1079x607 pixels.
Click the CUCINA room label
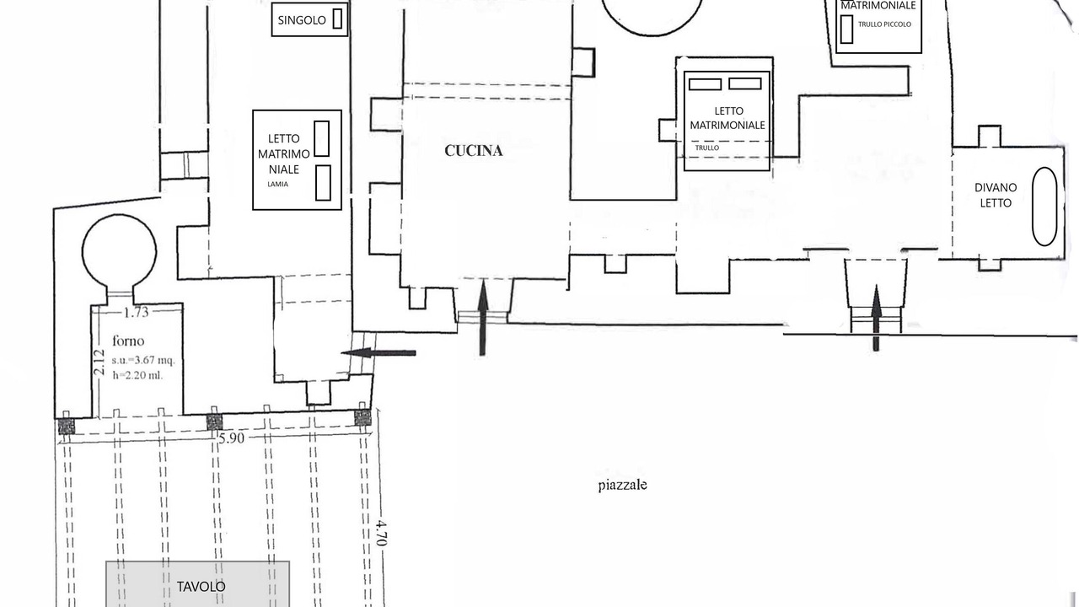474,151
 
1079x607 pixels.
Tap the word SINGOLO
302,20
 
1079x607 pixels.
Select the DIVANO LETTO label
996,195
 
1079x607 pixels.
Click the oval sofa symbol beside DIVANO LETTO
1044,207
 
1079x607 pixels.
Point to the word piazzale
622,485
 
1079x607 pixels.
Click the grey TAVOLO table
198,584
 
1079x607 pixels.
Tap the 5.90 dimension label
231,438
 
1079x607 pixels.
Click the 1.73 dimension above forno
137,313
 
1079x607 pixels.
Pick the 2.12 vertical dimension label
99,363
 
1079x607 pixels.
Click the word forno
128,341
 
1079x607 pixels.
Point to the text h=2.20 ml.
137,375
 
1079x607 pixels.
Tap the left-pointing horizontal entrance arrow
378,353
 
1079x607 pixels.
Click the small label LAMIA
278,184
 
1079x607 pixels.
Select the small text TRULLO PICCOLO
884,24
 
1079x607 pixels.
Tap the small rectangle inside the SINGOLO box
337,19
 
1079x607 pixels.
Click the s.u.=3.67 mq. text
143,360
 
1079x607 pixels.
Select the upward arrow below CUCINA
483,318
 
